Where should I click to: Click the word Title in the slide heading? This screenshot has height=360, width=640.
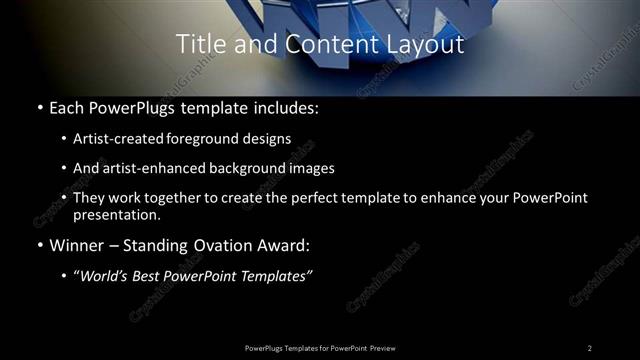pos(199,44)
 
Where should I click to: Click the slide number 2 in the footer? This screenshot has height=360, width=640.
pos(589,347)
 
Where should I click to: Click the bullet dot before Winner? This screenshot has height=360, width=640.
pos(38,244)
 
